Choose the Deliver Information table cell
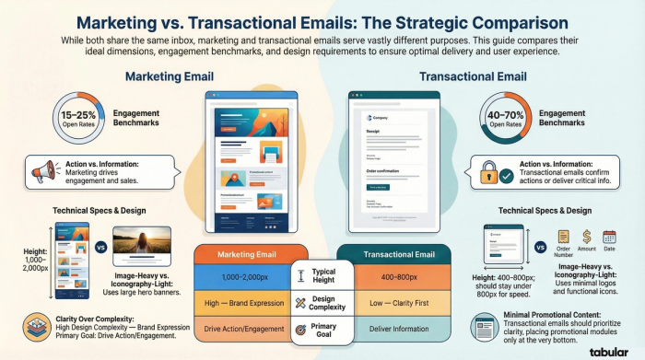tap(399, 329)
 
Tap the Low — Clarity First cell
tap(399, 301)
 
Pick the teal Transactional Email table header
tap(400, 253)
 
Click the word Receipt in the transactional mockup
tap(372, 132)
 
